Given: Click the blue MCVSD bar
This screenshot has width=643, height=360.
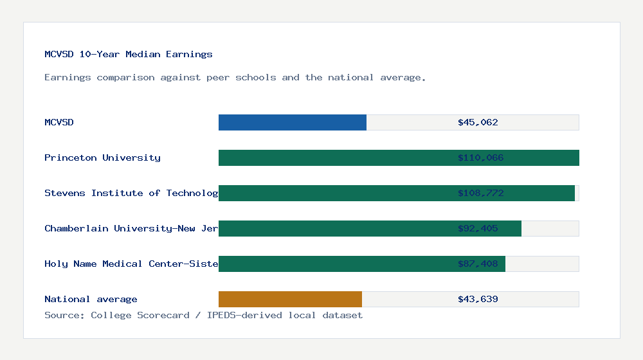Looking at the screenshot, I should pyautogui.click(x=293, y=122).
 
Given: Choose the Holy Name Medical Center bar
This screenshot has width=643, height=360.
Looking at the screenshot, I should pyautogui.click(x=334, y=264).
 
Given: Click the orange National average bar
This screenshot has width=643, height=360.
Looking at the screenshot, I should pyautogui.click(x=290, y=299).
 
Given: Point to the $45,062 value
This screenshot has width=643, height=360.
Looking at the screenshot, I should pyautogui.click(x=478, y=122).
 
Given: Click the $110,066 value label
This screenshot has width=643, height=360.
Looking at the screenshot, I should pyautogui.click(x=480, y=157).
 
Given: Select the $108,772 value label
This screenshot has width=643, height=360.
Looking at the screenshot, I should pyautogui.click(x=480, y=193).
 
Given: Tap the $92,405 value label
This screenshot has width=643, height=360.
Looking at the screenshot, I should pyautogui.click(x=478, y=228).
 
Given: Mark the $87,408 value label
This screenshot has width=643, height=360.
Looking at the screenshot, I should pyautogui.click(x=478, y=264).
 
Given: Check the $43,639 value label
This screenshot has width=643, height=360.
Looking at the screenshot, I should pyautogui.click(x=478, y=299).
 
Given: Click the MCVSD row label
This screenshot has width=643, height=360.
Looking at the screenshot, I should pyautogui.click(x=59, y=122).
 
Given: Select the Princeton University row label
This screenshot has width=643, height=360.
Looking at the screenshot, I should pyautogui.click(x=102, y=157).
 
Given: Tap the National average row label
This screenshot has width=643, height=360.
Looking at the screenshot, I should pyautogui.click(x=91, y=299).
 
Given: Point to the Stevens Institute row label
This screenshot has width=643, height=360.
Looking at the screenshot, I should pyautogui.click(x=131, y=193).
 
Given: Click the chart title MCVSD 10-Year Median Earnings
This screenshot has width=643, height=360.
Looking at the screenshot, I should pyautogui.click(x=129, y=54).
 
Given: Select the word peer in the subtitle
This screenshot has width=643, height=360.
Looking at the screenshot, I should pyautogui.click(x=218, y=78).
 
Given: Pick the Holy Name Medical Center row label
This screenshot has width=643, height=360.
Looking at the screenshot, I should pyautogui.click(x=131, y=264).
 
